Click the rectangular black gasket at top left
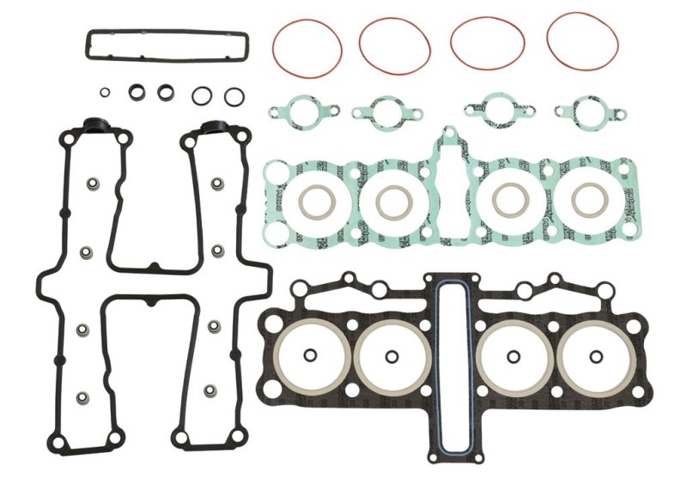pyautogui.click(x=166, y=33)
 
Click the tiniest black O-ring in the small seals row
pyautogui.click(x=105, y=92)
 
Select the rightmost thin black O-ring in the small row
pyautogui.click(x=232, y=96)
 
